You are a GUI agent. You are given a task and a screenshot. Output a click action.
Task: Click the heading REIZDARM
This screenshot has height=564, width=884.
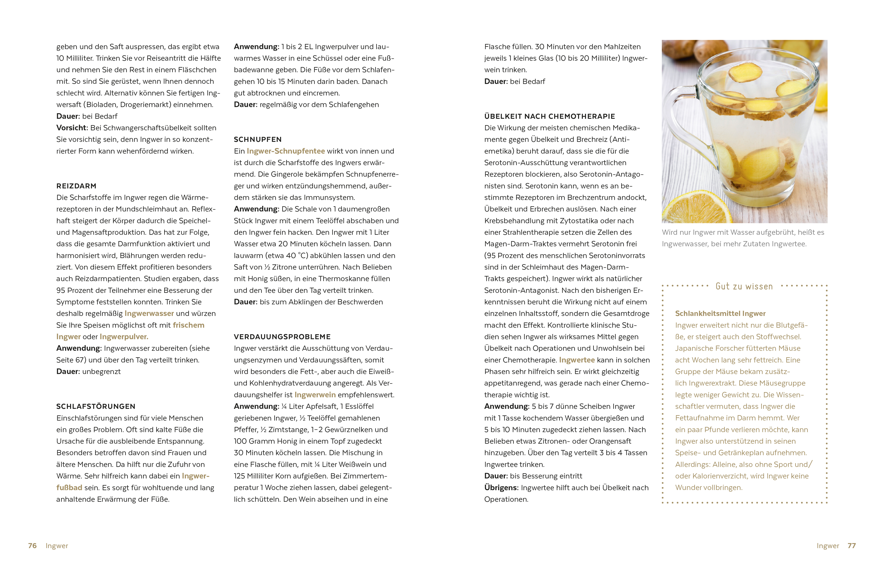pyautogui.click(x=76, y=186)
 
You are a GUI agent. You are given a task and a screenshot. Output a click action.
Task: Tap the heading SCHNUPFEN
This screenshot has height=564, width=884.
pyautogui.click(x=258, y=139)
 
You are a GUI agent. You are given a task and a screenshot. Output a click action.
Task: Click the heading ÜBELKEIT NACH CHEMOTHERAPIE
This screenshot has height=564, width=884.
pyautogui.click(x=550, y=116)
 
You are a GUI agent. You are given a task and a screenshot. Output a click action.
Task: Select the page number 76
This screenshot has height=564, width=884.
pyautogui.click(x=32, y=546)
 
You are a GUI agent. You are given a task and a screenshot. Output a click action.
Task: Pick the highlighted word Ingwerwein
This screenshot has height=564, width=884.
pyautogui.click(x=315, y=395)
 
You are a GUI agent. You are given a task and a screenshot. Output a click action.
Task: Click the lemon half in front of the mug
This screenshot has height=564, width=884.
pyautogui.click(x=694, y=209)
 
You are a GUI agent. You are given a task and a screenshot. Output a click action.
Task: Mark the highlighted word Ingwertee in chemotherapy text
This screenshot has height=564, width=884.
pyautogui.click(x=577, y=360)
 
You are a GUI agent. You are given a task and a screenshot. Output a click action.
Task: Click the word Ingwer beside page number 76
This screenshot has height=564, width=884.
pyautogui.click(x=57, y=546)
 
